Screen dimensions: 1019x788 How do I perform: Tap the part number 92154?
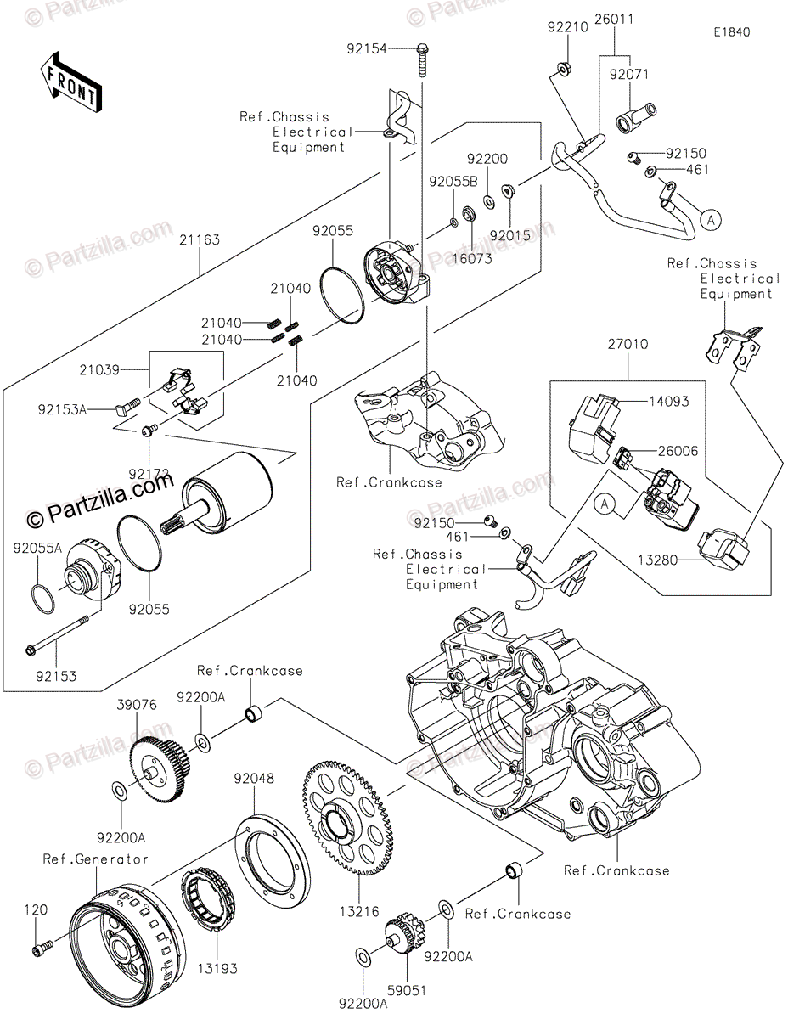click(x=365, y=49)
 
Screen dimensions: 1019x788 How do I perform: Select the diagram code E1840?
click(x=731, y=32)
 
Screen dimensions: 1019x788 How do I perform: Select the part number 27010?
click(x=628, y=345)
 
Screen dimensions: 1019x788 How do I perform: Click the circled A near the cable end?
click(x=711, y=219)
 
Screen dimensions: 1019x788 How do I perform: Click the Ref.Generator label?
click(x=96, y=859)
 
